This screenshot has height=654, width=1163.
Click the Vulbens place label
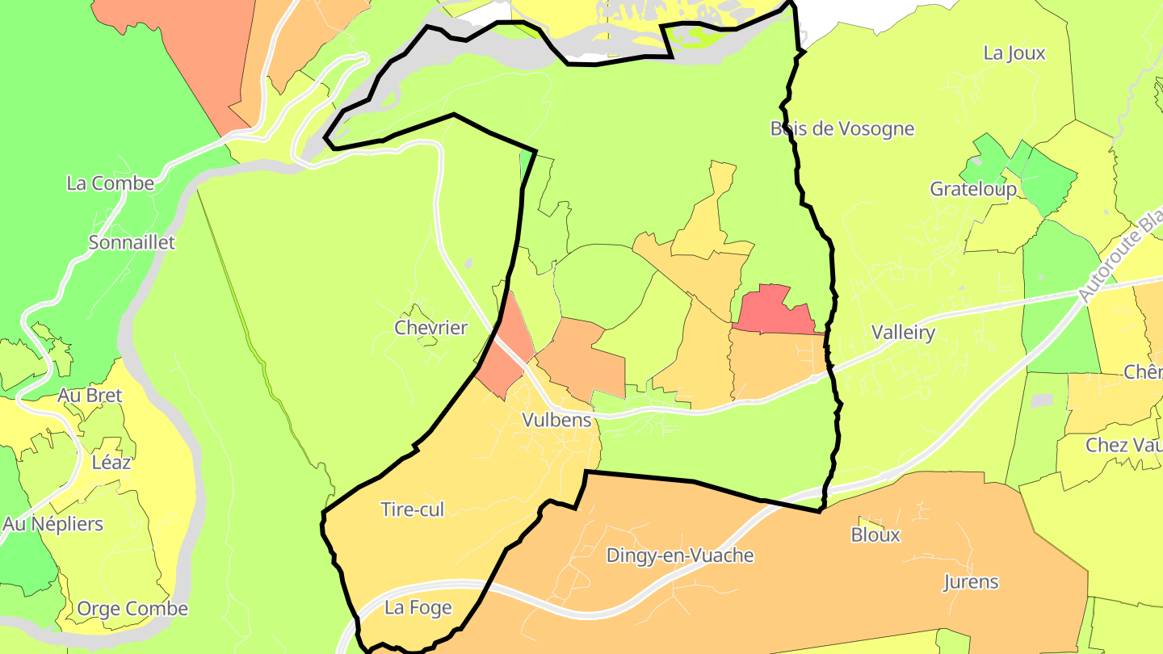click(556, 421)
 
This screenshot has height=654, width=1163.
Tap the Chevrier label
click(430, 328)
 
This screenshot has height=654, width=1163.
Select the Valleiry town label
click(903, 333)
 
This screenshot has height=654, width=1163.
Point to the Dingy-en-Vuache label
click(680, 555)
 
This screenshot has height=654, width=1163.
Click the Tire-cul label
click(412, 509)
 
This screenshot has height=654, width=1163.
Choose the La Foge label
click(418, 608)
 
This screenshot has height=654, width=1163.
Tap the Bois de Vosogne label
click(842, 129)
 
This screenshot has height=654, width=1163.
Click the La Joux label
click(1014, 54)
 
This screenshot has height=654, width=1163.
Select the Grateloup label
click(973, 189)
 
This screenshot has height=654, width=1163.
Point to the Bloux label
click(875, 535)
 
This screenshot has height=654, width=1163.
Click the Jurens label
click(971, 582)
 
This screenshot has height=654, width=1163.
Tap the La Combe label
click(111, 183)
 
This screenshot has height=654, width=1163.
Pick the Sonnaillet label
click(132, 242)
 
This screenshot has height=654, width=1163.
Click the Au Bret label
click(90, 396)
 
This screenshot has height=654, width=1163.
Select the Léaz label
click(111, 463)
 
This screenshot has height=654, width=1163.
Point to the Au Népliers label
click(53, 524)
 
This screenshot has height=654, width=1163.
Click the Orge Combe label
click(132, 609)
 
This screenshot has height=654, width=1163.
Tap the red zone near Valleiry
click(771, 311)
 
